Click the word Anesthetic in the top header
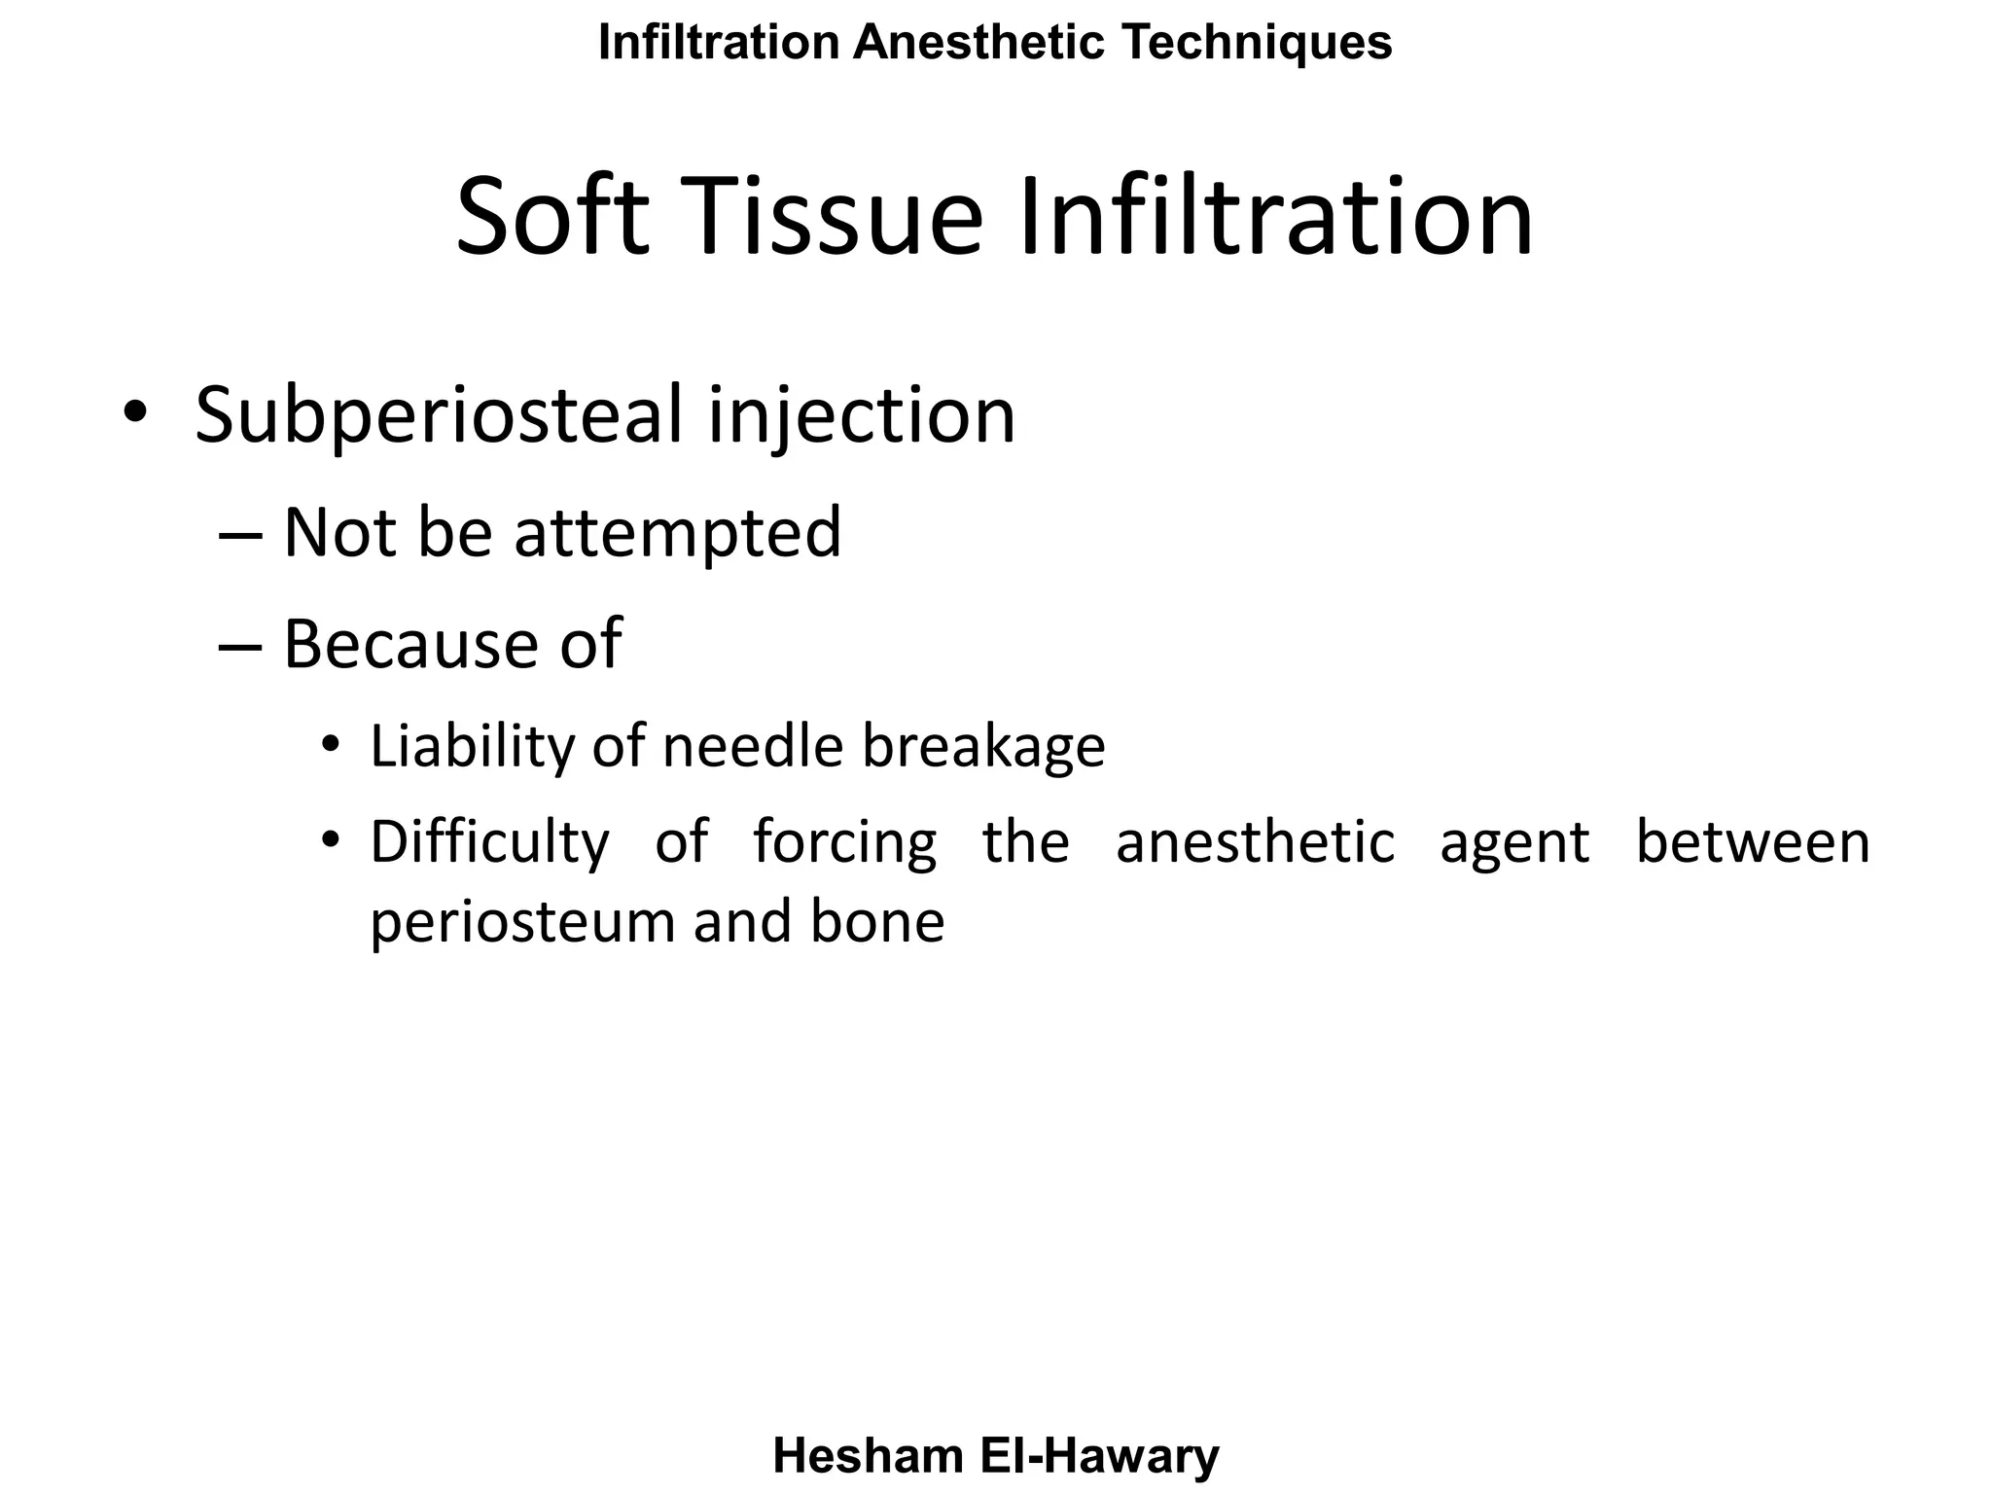pyautogui.click(x=979, y=43)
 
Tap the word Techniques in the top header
pyautogui.click(x=1257, y=43)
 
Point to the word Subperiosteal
pyautogui.click(x=440, y=415)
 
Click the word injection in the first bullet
pyautogui.click(x=862, y=415)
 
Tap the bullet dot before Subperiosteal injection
pyautogui.click(x=135, y=414)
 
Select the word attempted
pyautogui.click(x=677, y=533)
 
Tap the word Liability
pyautogui.click(x=473, y=747)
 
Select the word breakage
pyautogui.click(x=983, y=747)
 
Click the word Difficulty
pyautogui.click(x=489, y=842)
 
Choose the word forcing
pyautogui.click(x=844, y=842)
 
